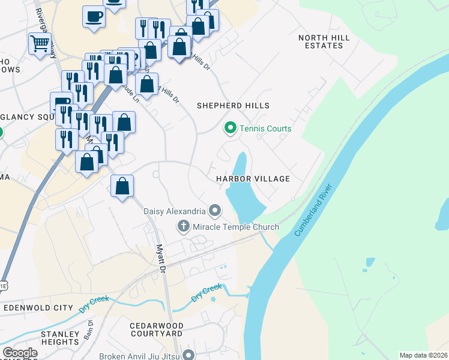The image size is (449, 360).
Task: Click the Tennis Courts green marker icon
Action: (x=229, y=128)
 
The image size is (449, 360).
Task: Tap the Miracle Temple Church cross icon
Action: (x=184, y=227)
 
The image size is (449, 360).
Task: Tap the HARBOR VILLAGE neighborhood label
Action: (x=253, y=179)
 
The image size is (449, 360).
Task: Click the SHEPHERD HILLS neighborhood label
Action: (x=234, y=106)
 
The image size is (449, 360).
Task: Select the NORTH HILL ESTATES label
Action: (x=324, y=41)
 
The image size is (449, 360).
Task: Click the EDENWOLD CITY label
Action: (x=38, y=307)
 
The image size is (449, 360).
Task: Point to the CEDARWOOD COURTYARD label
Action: (x=156, y=329)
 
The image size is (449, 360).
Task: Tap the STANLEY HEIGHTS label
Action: (x=60, y=338)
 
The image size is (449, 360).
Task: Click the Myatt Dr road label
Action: (x=160, y=259)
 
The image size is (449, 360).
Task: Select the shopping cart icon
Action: (x=40, y=43)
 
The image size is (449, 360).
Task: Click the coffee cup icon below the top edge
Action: (x=94, y=16)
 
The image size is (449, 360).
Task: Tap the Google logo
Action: (x=20, y=353)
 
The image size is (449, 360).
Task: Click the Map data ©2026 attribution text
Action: (x=423, y=355)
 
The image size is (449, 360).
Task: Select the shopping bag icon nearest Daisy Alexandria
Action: (x=122, y=186)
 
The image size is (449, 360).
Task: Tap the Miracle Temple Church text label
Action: (x=236, y=227)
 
